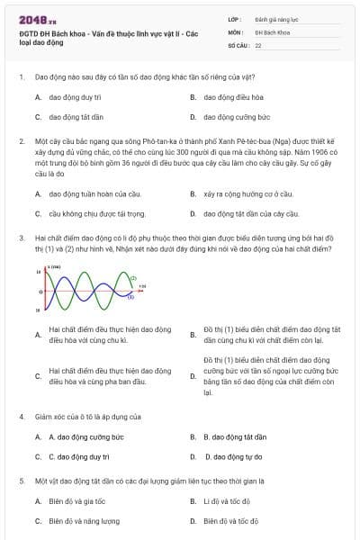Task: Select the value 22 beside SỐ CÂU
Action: click(258, 44)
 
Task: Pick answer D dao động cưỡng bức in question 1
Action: click(237, 117)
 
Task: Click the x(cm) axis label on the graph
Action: click(55, 267)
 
